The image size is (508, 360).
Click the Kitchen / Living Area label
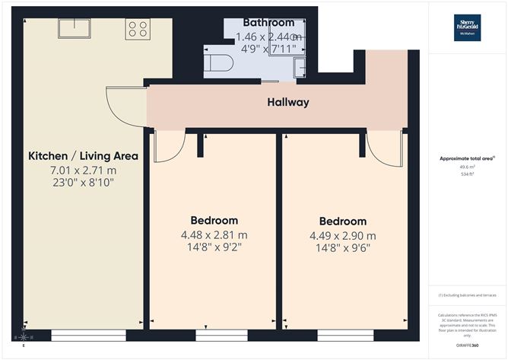(83, 156)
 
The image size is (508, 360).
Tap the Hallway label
(287, 102)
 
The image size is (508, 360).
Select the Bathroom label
(268, 23)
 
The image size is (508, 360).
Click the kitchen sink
(76, 28)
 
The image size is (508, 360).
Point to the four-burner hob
(138, 28)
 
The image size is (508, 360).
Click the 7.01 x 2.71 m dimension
(83, 170)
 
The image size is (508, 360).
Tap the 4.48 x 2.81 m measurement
(214, 234)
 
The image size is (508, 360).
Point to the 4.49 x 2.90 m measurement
(342, 235)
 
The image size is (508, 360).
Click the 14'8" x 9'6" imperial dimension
(342, 247)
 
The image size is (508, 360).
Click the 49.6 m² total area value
(467, 167)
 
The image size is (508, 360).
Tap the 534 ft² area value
(467, 174)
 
